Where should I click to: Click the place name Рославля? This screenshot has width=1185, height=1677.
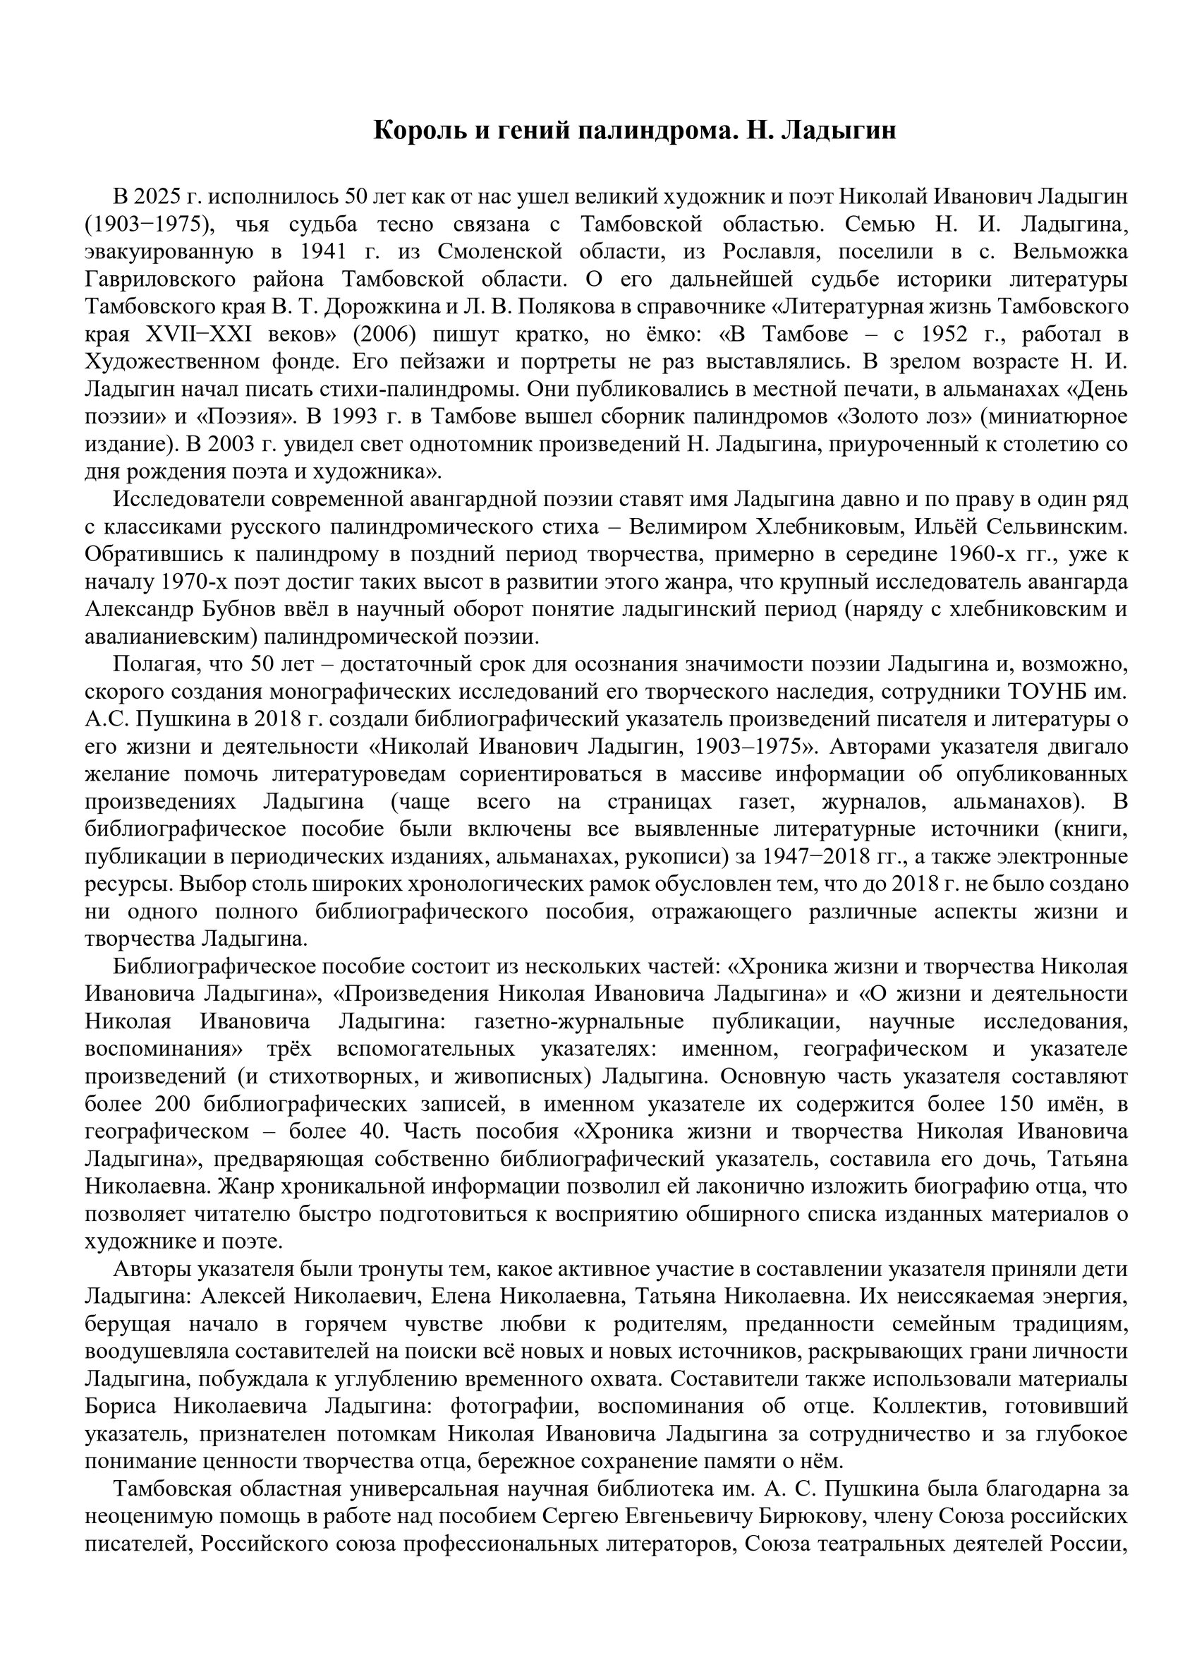pos(767,252)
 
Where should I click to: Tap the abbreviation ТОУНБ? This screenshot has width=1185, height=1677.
pos(1043,692)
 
